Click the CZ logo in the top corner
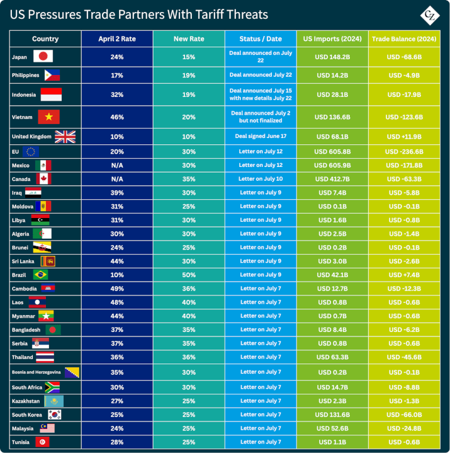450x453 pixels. (430, 14)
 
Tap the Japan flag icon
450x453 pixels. (43, 57)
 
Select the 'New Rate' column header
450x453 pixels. (189, 39)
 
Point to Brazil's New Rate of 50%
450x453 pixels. (189, 275)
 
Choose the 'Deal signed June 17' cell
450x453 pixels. (260, 137)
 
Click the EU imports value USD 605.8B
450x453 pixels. (332, 151)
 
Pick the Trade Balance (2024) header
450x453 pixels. (405, 39)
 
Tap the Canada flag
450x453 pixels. (43, 179)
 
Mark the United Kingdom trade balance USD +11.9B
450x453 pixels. (405, 137)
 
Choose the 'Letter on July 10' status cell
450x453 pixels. (260, 179)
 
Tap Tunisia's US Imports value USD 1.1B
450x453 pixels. (332, 442)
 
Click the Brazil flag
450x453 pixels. (40, 275)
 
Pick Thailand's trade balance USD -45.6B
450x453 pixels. (405, 357)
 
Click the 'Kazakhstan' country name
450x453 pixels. (27, 401)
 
